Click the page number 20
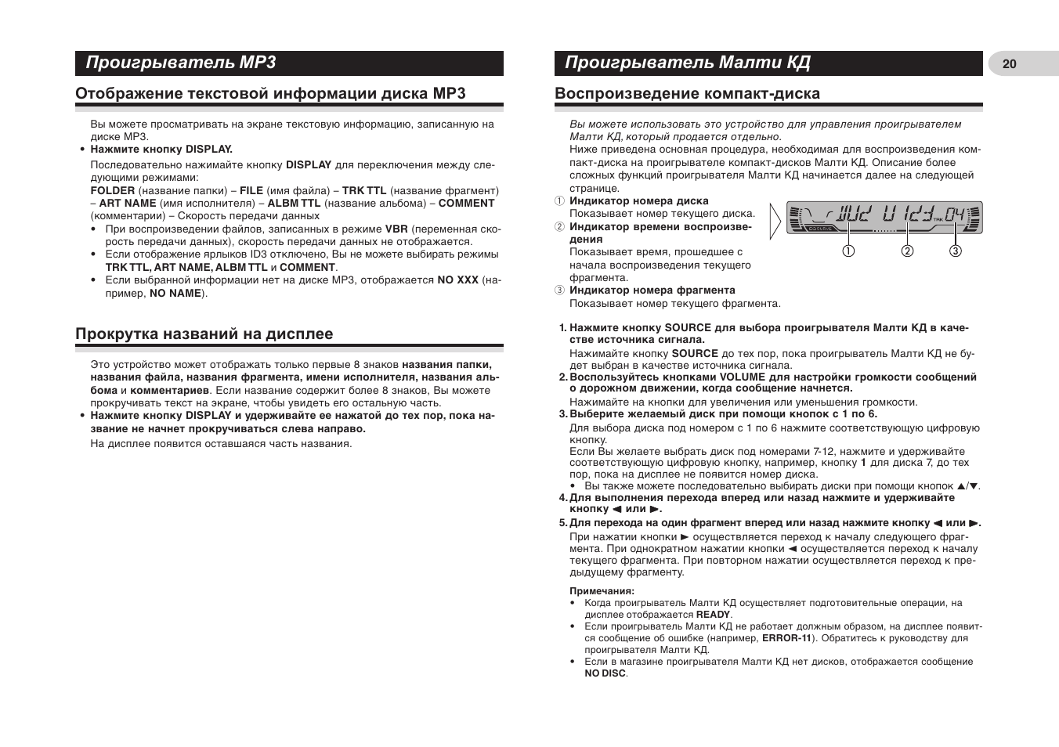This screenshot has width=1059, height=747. point(1009,64)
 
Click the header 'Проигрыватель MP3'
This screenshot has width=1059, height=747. point(181,63)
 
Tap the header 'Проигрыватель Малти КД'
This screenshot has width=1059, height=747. point(687,63)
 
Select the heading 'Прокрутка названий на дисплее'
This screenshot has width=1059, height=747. point(204,334)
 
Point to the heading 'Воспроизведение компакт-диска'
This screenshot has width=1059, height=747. point(687,94)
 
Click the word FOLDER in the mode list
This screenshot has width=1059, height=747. point(113,190)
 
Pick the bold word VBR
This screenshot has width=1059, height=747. point(396,229)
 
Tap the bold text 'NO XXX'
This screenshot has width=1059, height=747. point(457,280)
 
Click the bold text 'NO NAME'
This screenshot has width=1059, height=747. point(175,294)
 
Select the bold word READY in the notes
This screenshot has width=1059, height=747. point(713,615)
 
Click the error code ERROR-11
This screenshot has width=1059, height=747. point(786,638)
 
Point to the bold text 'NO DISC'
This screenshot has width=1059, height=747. point(605,673)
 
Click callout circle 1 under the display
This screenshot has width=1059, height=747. point(848,251)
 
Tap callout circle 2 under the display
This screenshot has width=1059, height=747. point(907,251)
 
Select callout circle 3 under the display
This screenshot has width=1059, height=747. point(956,251)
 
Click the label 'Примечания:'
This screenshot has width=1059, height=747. point(602,591)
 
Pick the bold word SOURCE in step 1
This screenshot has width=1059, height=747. point(688,328)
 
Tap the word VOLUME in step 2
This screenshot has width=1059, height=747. point(743,377)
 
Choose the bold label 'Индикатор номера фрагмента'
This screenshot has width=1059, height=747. point(652,290)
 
